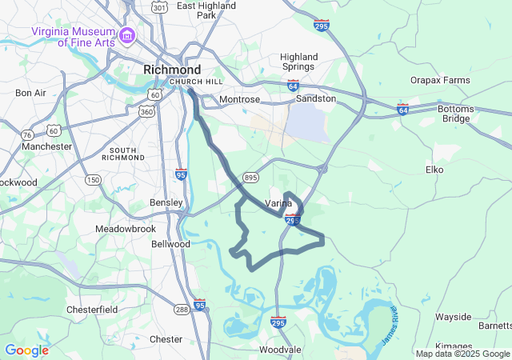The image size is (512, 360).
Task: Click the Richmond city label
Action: pyautogui.click(x=172, y=70)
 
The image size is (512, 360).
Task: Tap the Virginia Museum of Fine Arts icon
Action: pyautogui.click(x=126, y=36)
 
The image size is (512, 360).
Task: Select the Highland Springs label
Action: pyautogui.click(x=299, y=62)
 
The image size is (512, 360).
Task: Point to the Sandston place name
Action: pyautogui.click(x=316, y=98)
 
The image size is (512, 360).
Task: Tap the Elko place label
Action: pyautogui.click(x=434, y=170)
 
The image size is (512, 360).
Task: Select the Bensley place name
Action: pyautogui.click(x=166, y=202)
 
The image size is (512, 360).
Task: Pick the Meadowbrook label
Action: pyautogui.click(x=125, y=229)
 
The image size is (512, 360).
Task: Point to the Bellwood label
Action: pyautogui.click(x=170, y=243)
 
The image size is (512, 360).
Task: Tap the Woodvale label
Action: pyautogui.click(x=280, y=350)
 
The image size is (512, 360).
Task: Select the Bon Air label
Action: pyautogui.click(x=30, y=93)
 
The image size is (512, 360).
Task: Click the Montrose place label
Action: pyautogui.click(x=240, y=99)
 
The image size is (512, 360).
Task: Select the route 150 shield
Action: pyautogui.click(x=93, y=180)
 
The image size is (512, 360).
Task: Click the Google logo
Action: pyautogui.click(x=26, y=350)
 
